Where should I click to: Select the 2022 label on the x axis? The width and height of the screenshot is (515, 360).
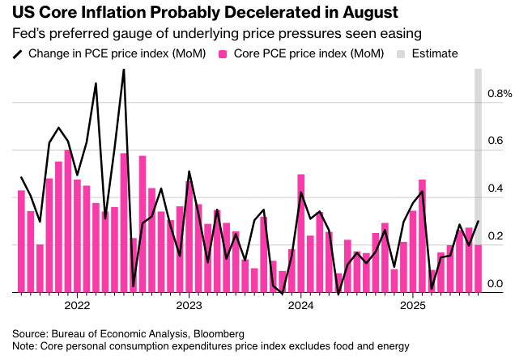point(76,307)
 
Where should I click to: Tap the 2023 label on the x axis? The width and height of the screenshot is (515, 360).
point(189,307)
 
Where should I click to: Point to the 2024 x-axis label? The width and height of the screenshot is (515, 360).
point(301,307)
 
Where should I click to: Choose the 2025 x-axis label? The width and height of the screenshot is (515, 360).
point(413,307)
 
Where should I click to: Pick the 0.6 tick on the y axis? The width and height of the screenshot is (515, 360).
point(496,142)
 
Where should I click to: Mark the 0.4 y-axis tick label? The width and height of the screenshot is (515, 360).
point(496,188)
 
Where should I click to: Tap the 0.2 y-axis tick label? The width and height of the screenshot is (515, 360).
point(496,236)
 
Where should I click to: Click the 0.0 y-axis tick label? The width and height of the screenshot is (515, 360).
point(496,283)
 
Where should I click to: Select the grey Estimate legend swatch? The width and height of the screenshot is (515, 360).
point(400,54)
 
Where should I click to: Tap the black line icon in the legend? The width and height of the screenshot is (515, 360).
point(17,54)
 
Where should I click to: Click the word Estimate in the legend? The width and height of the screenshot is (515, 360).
point(435,54)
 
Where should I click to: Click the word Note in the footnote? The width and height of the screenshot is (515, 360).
point(25,346)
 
